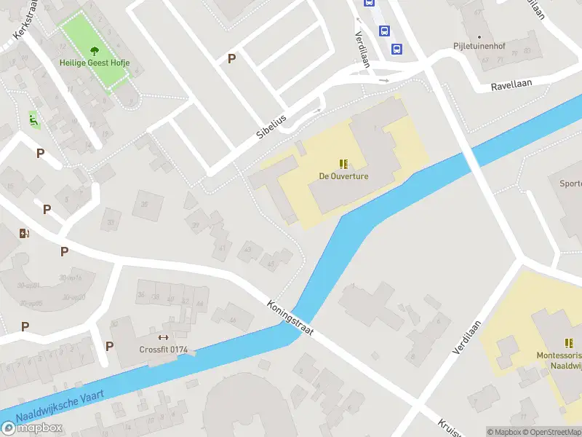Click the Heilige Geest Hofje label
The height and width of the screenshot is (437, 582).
[95, 63]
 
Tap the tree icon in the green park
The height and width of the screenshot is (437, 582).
[95, 51]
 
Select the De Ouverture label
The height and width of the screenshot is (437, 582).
[343, 176]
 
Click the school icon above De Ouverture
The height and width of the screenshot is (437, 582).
[343, 165]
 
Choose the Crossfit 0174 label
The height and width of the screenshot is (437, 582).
[164, 350]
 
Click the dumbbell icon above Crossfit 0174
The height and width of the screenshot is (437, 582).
[163, 337]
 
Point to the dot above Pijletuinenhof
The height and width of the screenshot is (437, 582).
[479, 36]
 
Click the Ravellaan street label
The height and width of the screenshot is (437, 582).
[511, 83]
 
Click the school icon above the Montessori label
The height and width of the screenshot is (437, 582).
[568, 342]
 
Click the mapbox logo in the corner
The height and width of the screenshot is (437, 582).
[32, 428]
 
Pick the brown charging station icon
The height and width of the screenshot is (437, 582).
[25, 233]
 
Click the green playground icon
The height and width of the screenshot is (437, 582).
[33, 117]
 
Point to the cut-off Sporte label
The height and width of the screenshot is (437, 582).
[570, 184]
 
